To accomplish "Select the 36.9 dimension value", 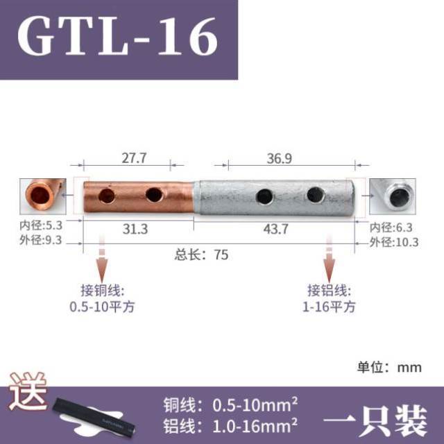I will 279,158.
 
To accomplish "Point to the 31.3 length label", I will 135,229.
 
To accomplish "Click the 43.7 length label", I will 275,229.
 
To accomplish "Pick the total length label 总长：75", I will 201,254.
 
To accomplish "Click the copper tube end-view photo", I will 44,197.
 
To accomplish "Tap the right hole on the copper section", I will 154,196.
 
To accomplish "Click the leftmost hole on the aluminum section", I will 264,197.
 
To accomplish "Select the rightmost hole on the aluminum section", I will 314,196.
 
